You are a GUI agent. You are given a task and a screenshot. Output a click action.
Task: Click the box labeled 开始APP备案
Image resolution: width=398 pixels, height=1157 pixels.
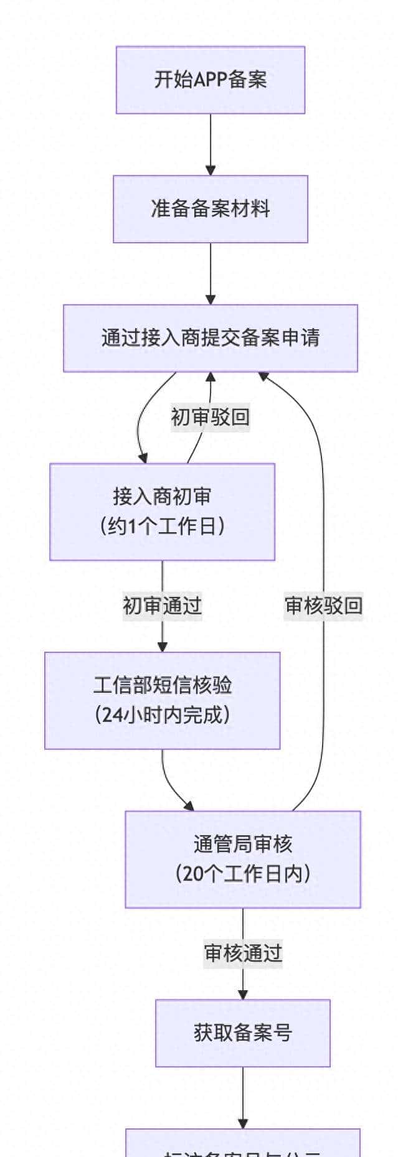(x=210, y=80)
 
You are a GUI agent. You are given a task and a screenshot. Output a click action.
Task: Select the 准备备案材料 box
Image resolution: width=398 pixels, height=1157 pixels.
(x=210, y=208)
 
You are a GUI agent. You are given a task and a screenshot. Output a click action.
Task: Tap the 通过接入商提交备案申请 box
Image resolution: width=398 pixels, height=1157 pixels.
(x=210, y=338)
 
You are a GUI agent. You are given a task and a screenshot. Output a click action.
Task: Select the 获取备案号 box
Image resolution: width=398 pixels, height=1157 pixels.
(x=243, y=1033)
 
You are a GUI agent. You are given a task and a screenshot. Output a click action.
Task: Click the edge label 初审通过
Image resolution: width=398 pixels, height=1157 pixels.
(x=163, y=606)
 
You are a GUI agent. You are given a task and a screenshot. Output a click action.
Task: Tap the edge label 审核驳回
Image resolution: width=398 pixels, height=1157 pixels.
(x=323, y=606)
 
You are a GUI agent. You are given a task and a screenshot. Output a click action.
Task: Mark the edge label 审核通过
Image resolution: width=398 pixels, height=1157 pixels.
(x=243, y=953)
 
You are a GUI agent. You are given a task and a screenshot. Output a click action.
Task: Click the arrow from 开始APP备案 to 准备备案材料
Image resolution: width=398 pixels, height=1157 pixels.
(x=211, y=144)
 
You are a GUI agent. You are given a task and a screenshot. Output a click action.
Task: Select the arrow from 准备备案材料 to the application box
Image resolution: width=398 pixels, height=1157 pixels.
(x=211, y=273)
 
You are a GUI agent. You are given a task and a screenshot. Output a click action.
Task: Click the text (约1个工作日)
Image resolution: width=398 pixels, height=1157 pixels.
(x=162, y=527)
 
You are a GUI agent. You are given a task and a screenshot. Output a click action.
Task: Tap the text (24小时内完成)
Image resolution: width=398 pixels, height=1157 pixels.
(x=162, y=714)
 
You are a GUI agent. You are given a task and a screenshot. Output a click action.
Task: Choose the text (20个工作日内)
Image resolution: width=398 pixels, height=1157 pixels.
(x=243, y=874)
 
